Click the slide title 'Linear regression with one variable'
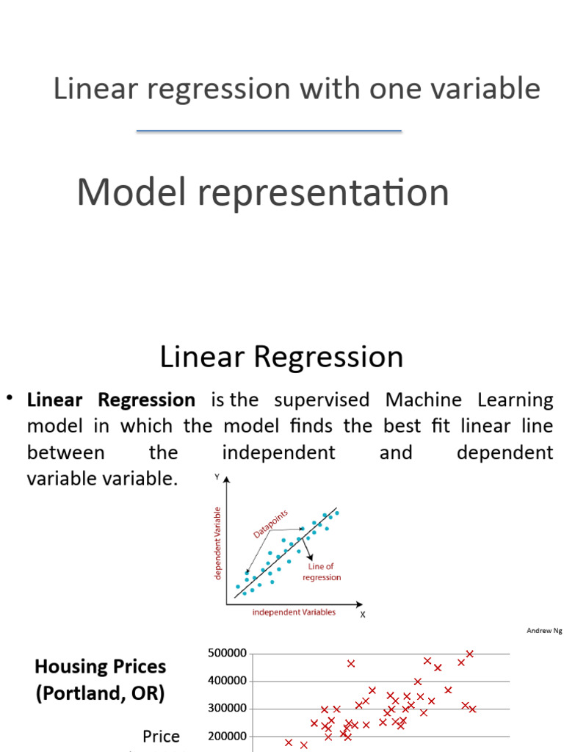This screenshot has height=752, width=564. [x=297, y=89]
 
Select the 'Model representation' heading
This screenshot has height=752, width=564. [x=263, y=192]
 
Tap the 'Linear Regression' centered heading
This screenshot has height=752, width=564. [x=281, y=358]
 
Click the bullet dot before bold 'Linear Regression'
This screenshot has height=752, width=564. [x=10, y=398]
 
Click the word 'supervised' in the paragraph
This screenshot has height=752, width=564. [x=322, y=400]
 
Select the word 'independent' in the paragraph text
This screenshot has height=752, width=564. [x=278, y=452]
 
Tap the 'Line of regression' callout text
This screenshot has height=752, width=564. [x=322, y=572]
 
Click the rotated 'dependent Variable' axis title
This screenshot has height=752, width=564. [x=217, y=542]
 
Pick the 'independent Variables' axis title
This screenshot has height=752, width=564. [x=294, y=612]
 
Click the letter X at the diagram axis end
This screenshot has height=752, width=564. [x=362, y=615]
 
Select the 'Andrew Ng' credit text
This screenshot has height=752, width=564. [x=543, y=631]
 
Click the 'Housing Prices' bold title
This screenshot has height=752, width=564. [x=101, y=667]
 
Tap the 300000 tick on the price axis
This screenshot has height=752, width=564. [x=228, y=709]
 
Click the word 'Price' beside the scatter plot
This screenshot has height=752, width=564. [x=161, y=736]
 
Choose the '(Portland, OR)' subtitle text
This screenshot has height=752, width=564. [x=101, y=693]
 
